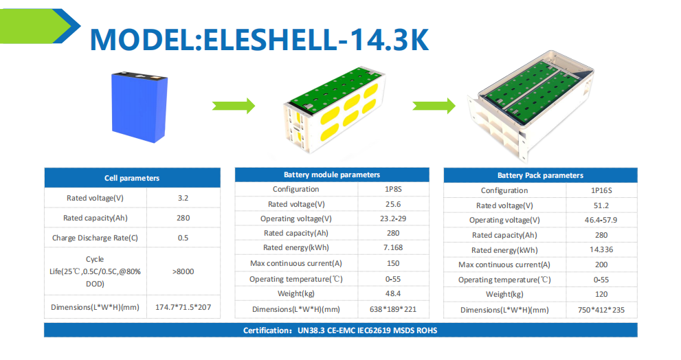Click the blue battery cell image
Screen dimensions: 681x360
click(139, 106)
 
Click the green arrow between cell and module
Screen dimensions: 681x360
click(233, 106)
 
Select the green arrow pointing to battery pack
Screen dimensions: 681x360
click(434, 106)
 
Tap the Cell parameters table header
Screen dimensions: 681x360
click(132, 178)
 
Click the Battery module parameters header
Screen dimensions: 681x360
click(332, 175)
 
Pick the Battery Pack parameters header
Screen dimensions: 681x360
click(540, 175)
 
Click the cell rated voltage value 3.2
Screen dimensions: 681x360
click(183, 198)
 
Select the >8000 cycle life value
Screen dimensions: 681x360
click(183, 271)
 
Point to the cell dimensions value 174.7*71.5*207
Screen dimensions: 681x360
click(183, 307)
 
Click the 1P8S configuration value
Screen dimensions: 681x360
click(393, 189)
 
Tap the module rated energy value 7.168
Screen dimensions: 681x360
click(393, 247)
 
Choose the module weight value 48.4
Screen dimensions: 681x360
click(393, 293)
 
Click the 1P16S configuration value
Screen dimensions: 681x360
click(601, 190)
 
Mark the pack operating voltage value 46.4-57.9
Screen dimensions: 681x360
click(601, 220)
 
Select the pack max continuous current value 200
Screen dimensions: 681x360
click(601, 265)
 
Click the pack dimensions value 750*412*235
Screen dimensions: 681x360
click(601, 310)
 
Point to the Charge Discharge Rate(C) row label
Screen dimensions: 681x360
click(95, 238)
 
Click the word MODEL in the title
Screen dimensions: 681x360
click(142, 40)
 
